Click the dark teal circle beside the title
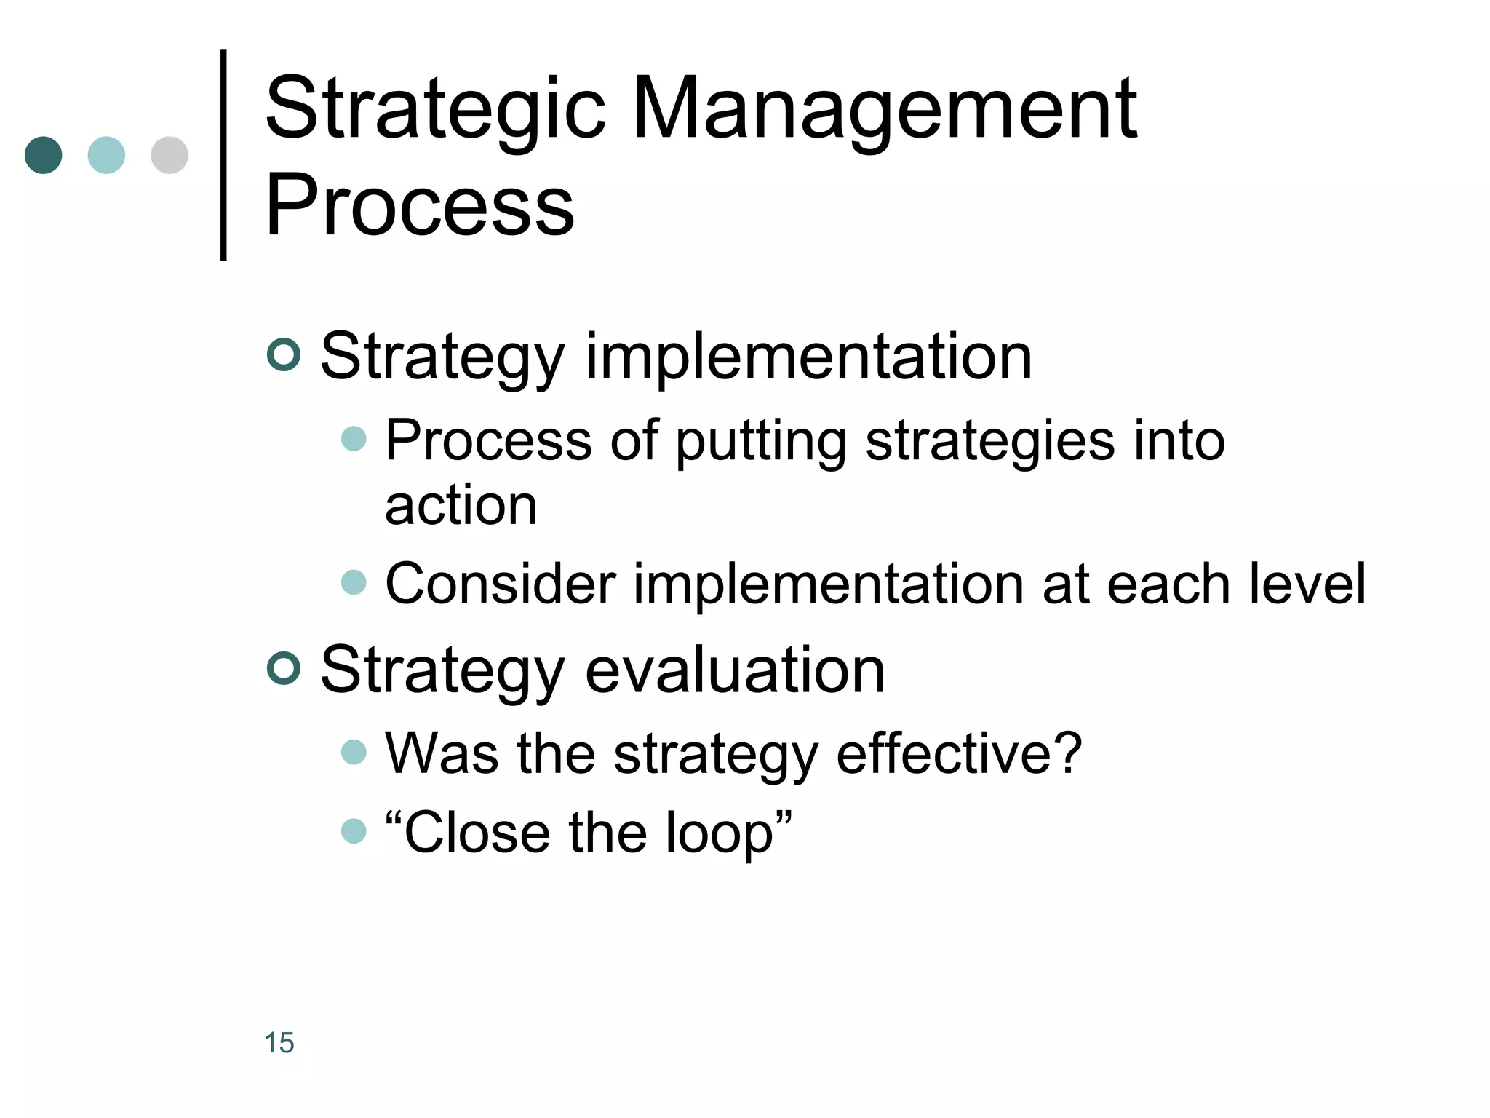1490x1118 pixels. pos(43,155)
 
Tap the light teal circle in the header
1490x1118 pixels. pos(106,155)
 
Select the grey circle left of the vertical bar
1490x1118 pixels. pos(170,155)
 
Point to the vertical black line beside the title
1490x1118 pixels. pos(223,155)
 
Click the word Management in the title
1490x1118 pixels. pos(884,111)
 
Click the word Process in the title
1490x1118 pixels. pos(420,206)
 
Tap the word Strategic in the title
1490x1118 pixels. pos(435,111)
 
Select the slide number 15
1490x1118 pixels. pos(279,1042)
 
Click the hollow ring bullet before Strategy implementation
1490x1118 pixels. pos(284,355)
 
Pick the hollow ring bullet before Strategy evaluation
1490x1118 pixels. pos(284,669)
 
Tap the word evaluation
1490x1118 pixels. pos(735,670)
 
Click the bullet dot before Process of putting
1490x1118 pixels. pos(354,439)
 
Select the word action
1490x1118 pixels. pos(461,505)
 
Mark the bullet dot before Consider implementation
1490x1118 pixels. pos(354,582)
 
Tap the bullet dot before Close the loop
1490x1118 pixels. pos(354,830)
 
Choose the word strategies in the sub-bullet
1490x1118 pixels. pos(989,441)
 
